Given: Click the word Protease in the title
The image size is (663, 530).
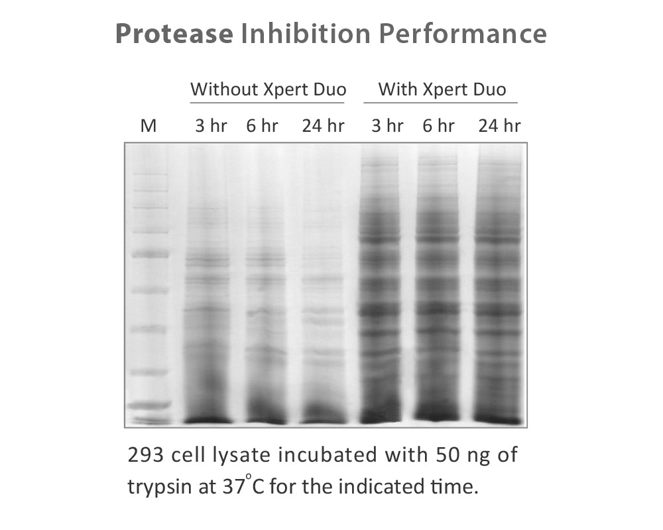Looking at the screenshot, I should click(174, 34).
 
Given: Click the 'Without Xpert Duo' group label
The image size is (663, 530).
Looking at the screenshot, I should click(268, 89).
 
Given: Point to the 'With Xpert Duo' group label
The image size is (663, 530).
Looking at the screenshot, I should click(442, 89).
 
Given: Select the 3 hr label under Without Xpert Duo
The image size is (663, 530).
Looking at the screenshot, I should click(210, 126).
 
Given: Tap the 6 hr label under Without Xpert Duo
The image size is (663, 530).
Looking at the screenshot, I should click(262, 126).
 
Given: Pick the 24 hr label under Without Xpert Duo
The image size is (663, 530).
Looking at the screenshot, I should click(323, 126).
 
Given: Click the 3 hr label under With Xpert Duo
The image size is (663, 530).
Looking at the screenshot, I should click(387, 126).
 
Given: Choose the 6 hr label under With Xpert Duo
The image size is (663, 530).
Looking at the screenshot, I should click(438, 126).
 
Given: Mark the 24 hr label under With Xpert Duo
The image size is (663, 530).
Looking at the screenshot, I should click(499, 126).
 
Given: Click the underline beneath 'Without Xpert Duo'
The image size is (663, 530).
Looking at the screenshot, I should click(268, 103).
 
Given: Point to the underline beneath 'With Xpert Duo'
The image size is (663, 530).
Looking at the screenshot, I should click(440, 103).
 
